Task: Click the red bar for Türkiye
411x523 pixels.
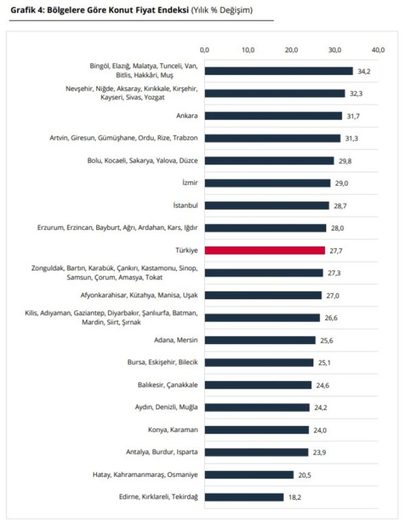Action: pyautogui.click(x=265, y=250)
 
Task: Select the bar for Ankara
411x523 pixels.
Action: pyautogui.click(x=273, y=116)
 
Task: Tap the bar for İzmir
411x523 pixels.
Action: pyautogui.click(x=267, y=183)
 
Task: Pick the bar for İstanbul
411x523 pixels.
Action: pyautogui.click(x=267, y=205)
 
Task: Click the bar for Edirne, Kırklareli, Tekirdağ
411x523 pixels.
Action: pyautogui.click(x=244, y=497)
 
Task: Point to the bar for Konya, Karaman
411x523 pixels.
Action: pyautogui.click(x=256, y=430)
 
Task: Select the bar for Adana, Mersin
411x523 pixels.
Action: pyautogui.click(x=260, y=340)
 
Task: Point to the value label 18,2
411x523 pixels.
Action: pyautogui.click(x=295, y=497)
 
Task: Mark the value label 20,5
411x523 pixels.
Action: pyautogui.click(x=305, y=475)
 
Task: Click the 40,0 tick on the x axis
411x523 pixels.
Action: pyautogui.click(x=378, y=50)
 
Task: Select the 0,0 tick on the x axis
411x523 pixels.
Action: pyautogui.click(x=205, y=50)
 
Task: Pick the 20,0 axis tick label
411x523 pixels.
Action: pyautogui.click(x=292, y=50)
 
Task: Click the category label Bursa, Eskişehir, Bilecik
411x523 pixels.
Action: pyautogui.click(x=162, y=362)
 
